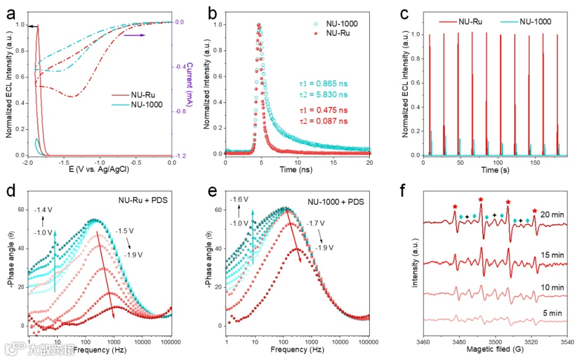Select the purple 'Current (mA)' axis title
pyautogui.click(x=190, y=88)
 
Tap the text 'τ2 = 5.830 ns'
pyautogui.click(x=323, y=94)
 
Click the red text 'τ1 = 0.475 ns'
pyautogui.click(x=323, y=110)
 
